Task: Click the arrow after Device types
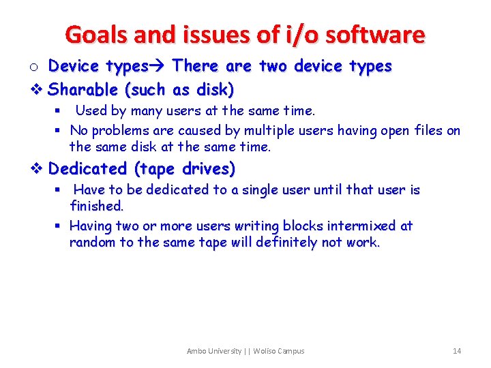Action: coord(160,66)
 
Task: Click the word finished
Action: coord(96,205)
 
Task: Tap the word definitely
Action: coord(286,242)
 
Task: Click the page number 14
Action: coord(456,351)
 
